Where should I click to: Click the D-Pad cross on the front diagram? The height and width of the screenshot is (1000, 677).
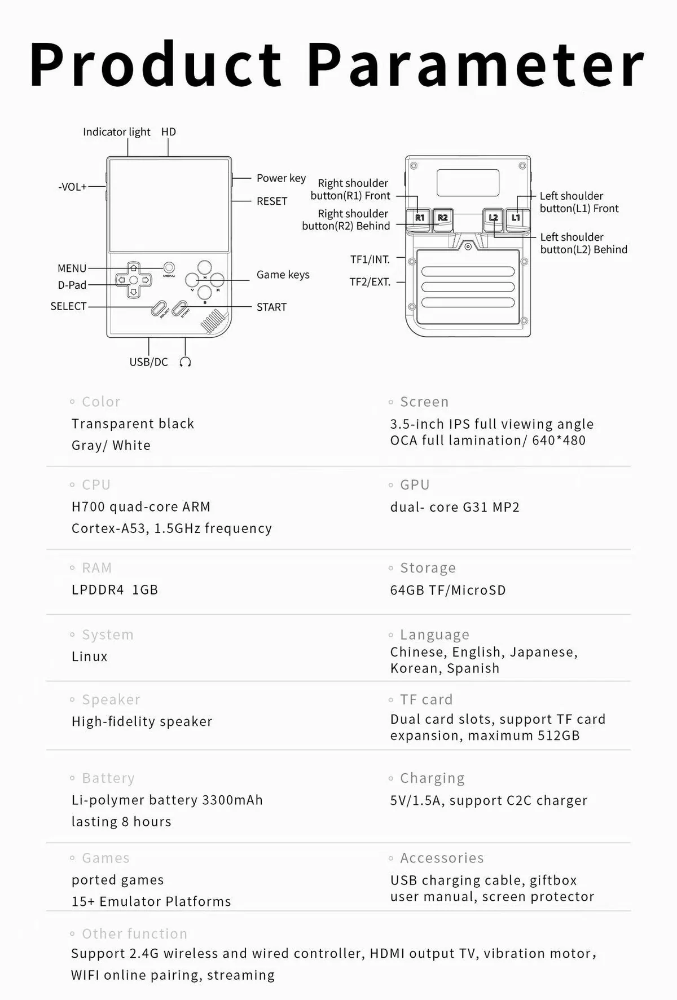pos(134,280)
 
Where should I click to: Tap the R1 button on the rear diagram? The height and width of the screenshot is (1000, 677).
pos(419,218)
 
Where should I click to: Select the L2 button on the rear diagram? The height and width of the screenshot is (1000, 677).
pos(494,218)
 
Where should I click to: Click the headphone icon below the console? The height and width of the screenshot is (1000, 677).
pos(185,362)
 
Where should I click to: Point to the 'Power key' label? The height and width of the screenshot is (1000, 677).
pos(281,178)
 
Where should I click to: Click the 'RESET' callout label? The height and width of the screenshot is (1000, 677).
pos(272,201)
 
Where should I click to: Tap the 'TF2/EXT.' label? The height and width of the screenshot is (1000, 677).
pos(370,282)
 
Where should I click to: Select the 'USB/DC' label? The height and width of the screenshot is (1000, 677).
pos(148,362)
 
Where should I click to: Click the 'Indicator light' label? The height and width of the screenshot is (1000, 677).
pos(116,132)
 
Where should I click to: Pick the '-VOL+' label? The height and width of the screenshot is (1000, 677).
pos(73,187)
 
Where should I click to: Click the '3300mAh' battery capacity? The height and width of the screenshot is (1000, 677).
pos(232,800)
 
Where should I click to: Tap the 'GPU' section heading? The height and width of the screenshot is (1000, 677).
pos(415,485)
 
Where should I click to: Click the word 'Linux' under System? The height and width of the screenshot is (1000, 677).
pos(89,657)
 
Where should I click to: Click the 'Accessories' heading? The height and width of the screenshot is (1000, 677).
pos(442,858)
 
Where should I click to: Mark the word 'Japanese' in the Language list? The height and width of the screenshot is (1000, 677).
pos(543,652)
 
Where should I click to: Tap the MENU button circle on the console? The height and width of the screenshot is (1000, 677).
pos(169,268)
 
